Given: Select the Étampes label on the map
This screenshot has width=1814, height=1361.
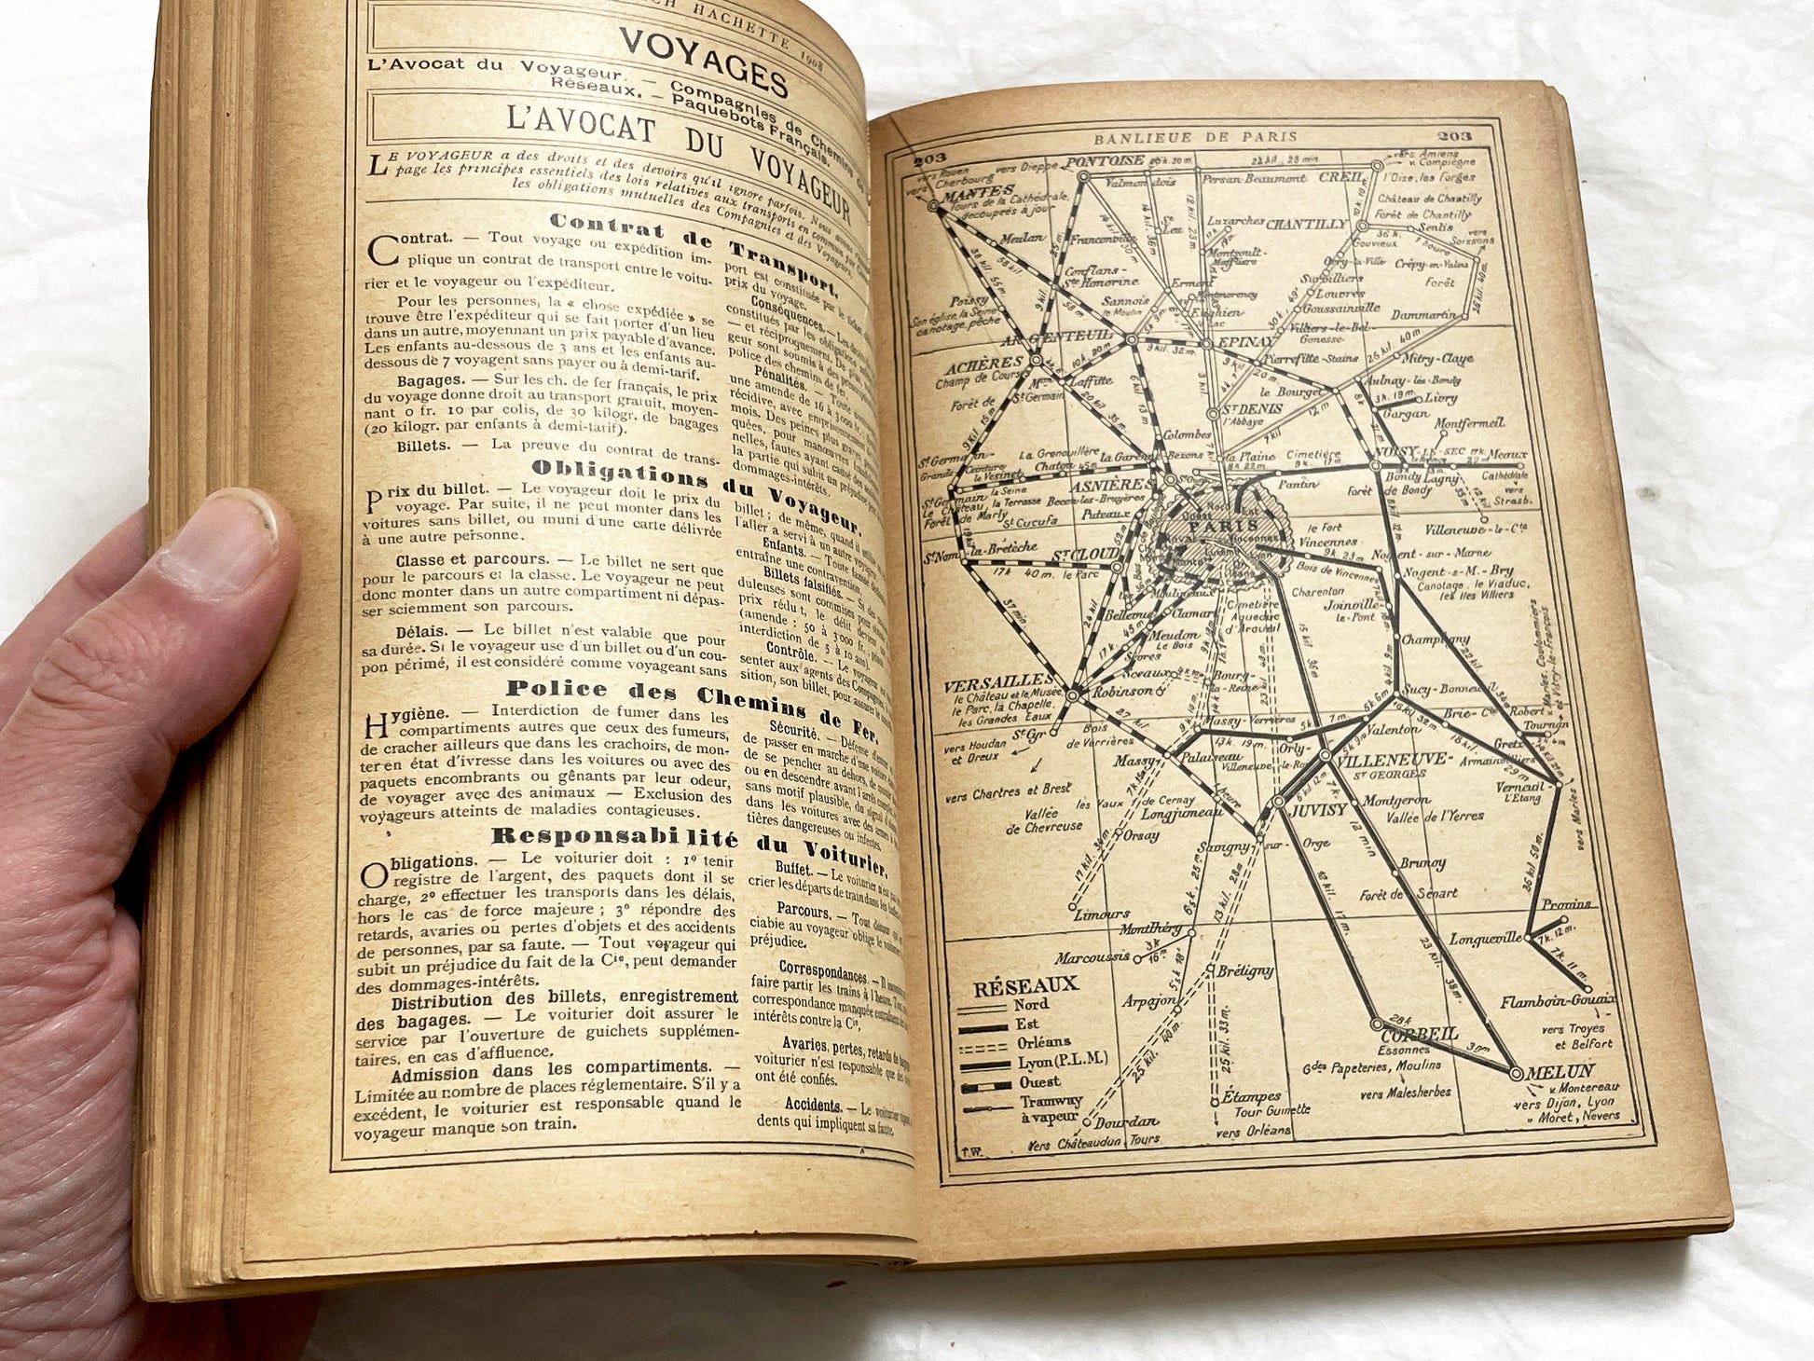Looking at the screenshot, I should click(x=1251, y=1097).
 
